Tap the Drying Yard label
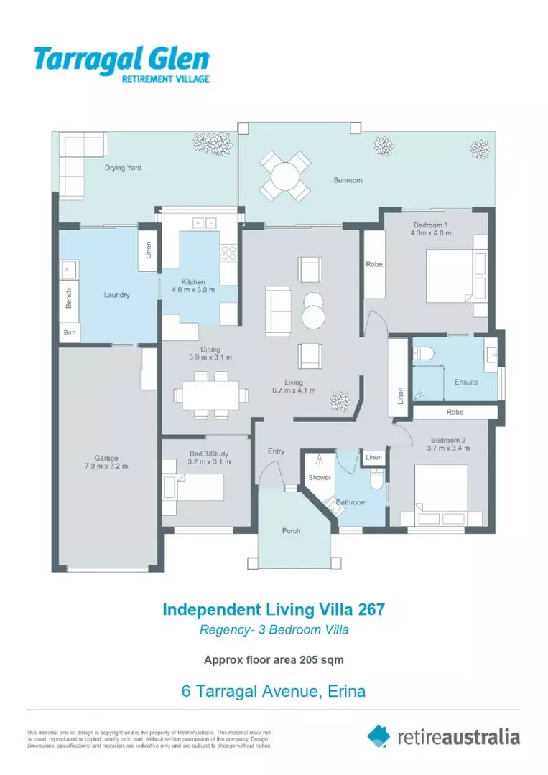123,168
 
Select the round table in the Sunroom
285,176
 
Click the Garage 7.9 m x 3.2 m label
106,462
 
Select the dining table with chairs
210,395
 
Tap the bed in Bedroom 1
448,276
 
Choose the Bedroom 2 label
449,443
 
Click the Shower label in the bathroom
319,477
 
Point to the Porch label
291,531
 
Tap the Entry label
277,451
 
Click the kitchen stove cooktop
228,253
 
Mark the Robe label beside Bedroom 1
374,264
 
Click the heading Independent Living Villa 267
274,610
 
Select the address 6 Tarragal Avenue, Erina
274,692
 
